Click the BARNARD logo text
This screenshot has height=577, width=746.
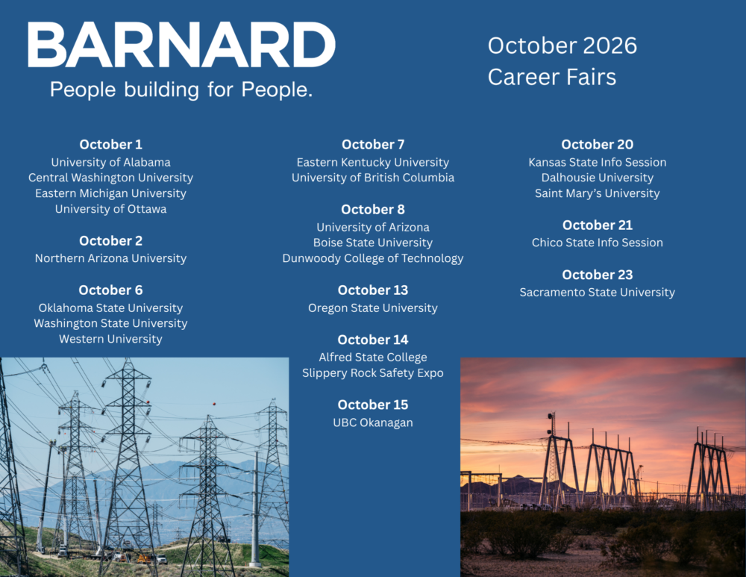[x=182, y=45]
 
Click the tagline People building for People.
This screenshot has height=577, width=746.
[x=181, y=90]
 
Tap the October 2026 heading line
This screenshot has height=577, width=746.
[x=562, y=46]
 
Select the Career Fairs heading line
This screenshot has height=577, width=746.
[x=552, y=77]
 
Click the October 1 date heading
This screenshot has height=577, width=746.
[x=111, y=144]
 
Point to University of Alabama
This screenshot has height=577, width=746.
[x=111, y=162]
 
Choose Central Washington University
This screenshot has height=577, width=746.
[x=111, y=178]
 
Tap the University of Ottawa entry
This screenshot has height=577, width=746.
[x=111, y=209]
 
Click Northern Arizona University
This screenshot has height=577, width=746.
[x=111, y=258]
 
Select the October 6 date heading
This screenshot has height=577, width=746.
[x=111, y=290]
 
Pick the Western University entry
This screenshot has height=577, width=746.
[x=111, y=339]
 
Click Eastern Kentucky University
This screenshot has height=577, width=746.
[x=373, y=162]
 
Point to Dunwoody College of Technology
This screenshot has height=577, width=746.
[x=373, y=258]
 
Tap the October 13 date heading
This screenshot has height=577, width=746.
[x=373, y=290]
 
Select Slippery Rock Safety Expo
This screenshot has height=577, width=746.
[x=373, y=373]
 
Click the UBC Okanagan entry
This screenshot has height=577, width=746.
[x=373, y=422]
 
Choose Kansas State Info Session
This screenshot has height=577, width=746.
[x=598, y=162]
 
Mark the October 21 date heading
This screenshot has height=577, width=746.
[x=598, y=225]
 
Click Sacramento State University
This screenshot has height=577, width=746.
[x=598, y=293]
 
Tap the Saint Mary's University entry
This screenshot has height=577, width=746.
[x=598, y=193]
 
